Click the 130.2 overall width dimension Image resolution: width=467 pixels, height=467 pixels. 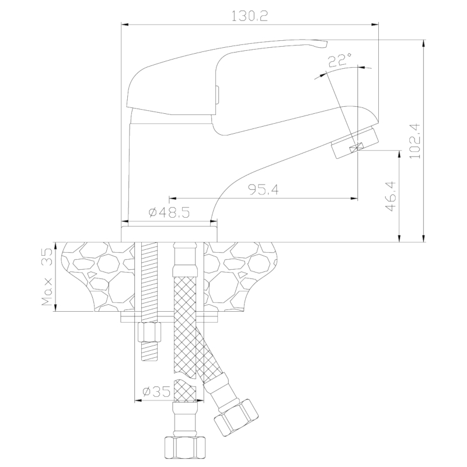[250, 16]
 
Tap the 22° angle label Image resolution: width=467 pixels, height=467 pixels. [340, 60]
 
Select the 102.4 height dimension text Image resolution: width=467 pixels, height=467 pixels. [414, 141]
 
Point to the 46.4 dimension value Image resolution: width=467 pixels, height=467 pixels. [391, 196]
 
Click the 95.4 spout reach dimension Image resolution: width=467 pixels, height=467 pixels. [264, 189]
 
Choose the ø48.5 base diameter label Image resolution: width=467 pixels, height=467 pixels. [169, 212]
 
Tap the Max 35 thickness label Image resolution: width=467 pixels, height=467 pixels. [47, 277]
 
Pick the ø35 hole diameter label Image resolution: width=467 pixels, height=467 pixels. [156, 392]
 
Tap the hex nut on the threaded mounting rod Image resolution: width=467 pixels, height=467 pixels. [150, 332]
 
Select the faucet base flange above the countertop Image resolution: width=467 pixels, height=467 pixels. [169, 234]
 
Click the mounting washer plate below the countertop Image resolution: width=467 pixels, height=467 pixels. [169, 317]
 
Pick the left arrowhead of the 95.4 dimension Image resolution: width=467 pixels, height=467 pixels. [172, 198]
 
